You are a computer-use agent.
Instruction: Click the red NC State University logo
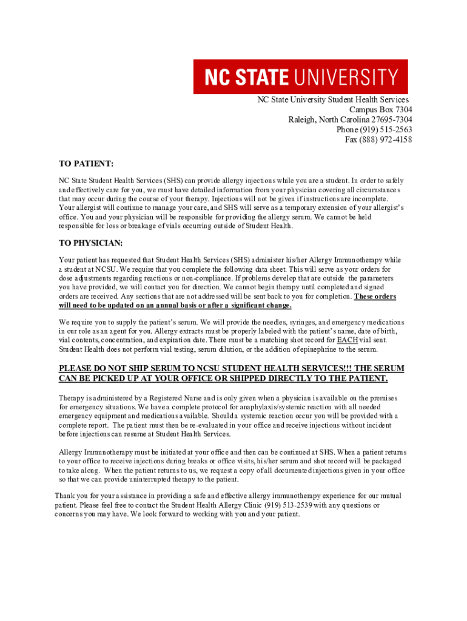tap(300, 76)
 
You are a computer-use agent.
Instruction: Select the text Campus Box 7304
tap(380, 109)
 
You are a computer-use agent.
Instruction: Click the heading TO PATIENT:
tap(86, 164)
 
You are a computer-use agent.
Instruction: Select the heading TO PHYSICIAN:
tap(90, 243)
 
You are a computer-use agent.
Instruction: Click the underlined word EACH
tap(347, 340)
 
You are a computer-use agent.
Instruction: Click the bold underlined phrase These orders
tap(375, 297)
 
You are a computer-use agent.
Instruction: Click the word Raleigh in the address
tap(301, 119)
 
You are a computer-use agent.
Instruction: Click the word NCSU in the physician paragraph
tap(107, 269)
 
